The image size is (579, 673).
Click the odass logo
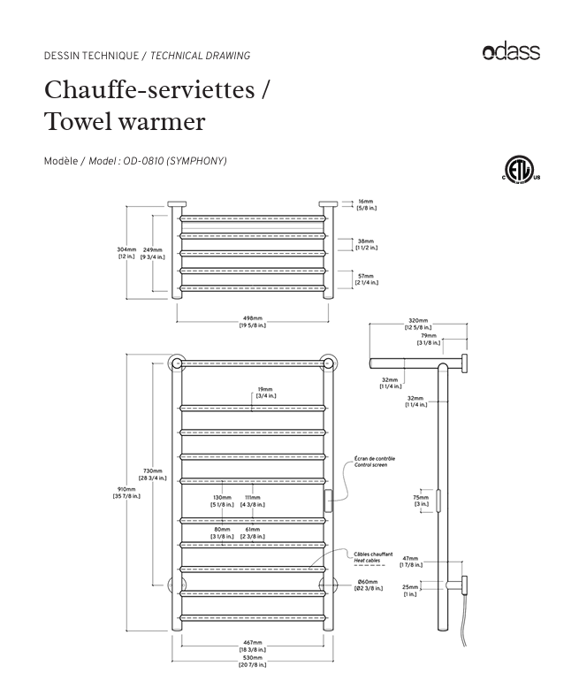[511, 52]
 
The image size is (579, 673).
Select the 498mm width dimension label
[252, 321]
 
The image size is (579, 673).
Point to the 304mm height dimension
[127, 253]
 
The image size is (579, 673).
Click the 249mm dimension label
[152, 253]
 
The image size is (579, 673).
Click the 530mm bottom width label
[252, 662]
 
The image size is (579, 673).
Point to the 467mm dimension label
[252, 646]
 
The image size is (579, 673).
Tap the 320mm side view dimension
[417, 324]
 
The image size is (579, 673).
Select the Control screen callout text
[374, 462]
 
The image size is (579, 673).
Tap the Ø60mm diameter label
[368, 584]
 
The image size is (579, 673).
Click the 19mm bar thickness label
[265, 393]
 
